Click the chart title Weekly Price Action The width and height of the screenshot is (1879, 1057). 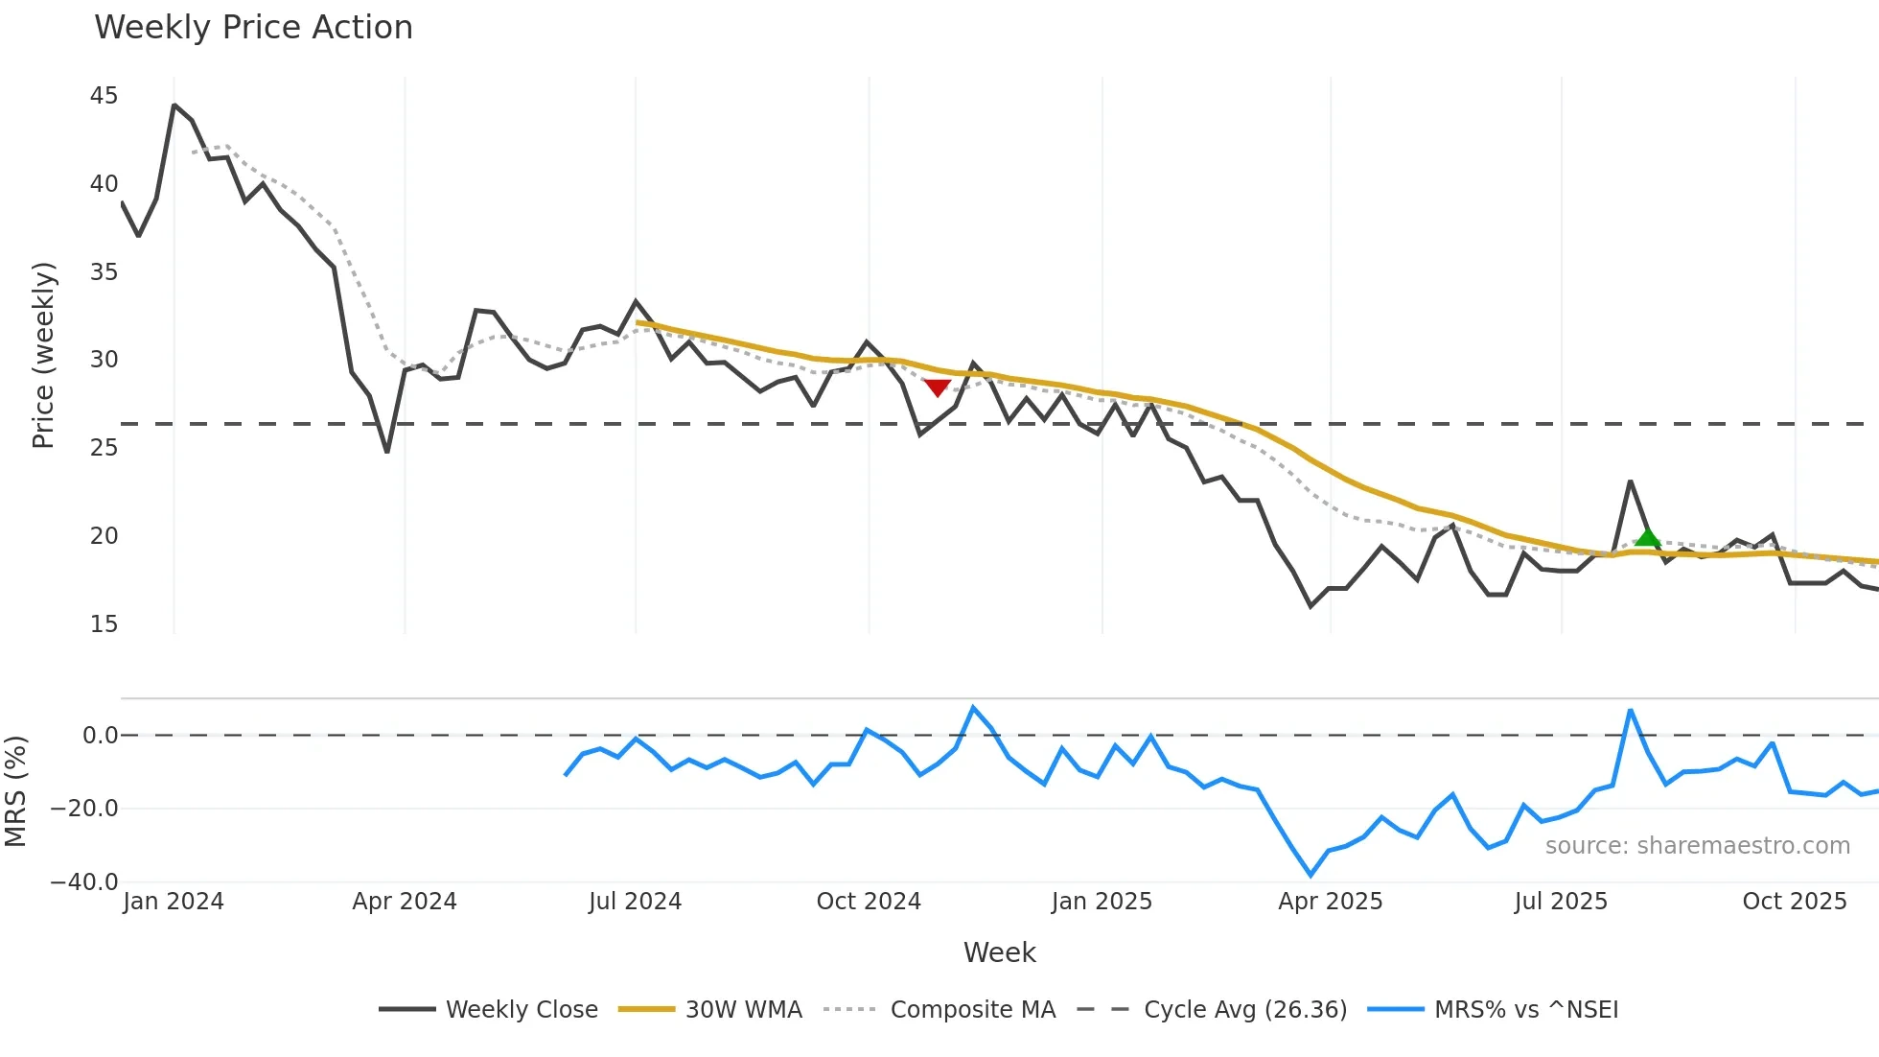253,28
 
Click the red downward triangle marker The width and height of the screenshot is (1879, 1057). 937,388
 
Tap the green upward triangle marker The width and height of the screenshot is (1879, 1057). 1647,537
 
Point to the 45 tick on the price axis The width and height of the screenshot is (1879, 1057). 104,96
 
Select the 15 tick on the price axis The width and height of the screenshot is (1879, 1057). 104,624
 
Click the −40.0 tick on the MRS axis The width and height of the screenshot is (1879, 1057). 84,881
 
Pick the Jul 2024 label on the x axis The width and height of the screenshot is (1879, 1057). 635,902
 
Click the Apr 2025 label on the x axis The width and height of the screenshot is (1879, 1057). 1330,902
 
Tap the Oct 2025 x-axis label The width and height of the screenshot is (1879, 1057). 1794,902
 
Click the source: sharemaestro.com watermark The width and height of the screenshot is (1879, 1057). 1697,846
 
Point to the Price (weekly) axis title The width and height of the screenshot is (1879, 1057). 44,355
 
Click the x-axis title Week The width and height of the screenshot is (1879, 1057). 999,952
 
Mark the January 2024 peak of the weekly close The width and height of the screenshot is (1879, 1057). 174,105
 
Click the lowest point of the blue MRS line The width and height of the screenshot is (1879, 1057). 1311,875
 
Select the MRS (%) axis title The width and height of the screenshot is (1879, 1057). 16,791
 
